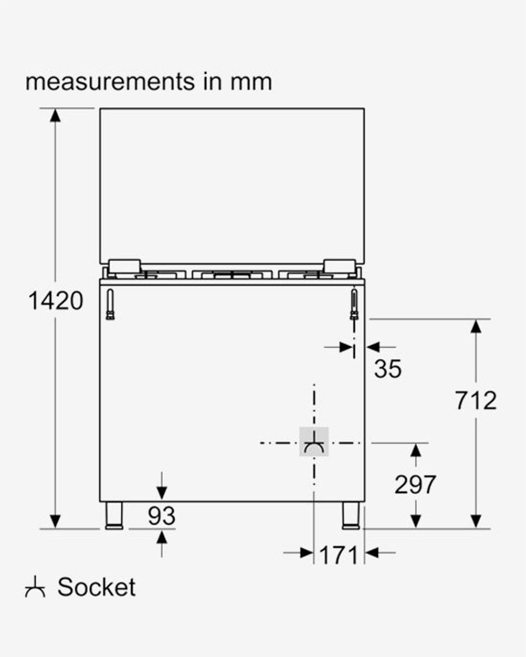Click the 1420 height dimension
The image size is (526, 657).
point(56,301)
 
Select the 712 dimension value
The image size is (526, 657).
point(475,401)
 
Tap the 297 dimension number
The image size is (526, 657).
point(415,485)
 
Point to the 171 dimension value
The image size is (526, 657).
point(339,555)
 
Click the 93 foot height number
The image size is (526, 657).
point(162,516)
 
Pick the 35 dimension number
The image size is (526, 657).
point(388,369)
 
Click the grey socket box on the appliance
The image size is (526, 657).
point(314,442)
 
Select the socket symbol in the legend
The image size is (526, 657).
point(35,587)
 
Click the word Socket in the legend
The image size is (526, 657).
point(96,587)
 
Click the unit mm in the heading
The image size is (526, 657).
point(251,82)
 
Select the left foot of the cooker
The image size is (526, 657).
point(114,515)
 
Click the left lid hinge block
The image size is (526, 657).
point(125,266)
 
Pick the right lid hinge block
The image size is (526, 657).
point(340,266)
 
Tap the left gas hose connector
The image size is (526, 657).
point(110,305)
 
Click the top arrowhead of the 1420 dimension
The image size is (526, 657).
point(55,115)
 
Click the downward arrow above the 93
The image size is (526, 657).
point(162,493)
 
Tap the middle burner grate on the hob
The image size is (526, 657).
point(232,274)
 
